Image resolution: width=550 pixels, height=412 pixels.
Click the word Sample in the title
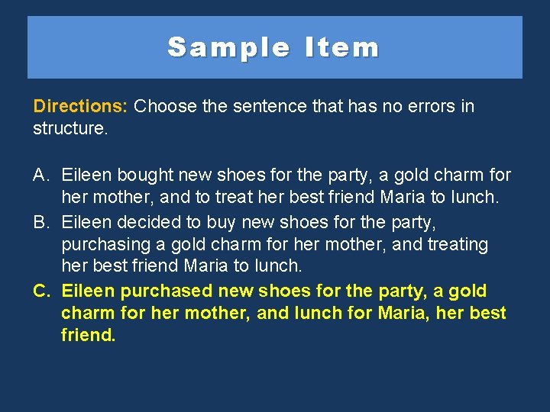[x=229, y=47]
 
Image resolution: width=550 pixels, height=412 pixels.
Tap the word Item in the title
[x=341, y=47]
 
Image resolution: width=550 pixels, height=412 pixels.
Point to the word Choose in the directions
[x=165, y=105]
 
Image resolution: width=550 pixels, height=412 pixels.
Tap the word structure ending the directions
[x=69, y=128]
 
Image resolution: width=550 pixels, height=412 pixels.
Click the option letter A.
[x=41, y=175]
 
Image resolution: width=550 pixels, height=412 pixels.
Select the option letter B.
[x=41, y=222]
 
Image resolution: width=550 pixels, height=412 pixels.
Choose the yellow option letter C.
[x=42, y=291]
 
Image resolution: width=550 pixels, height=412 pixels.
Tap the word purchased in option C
[x=167, y=291]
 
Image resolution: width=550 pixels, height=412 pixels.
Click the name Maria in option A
[x=402, y=198]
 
